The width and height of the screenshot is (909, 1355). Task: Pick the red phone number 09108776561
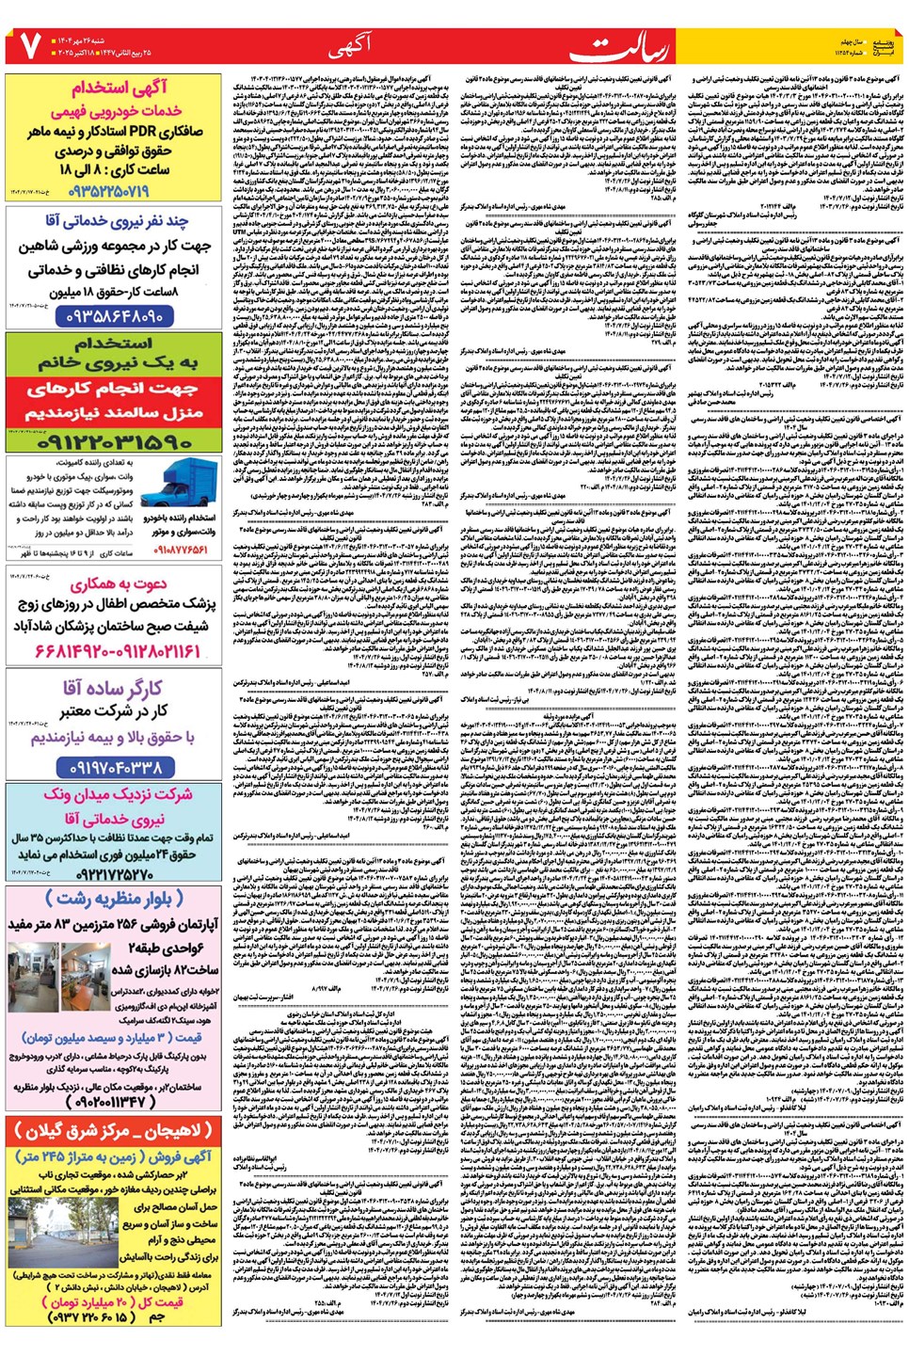click(x=182, y=550)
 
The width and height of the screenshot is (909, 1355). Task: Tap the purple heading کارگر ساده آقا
click(x=113, y=689)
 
